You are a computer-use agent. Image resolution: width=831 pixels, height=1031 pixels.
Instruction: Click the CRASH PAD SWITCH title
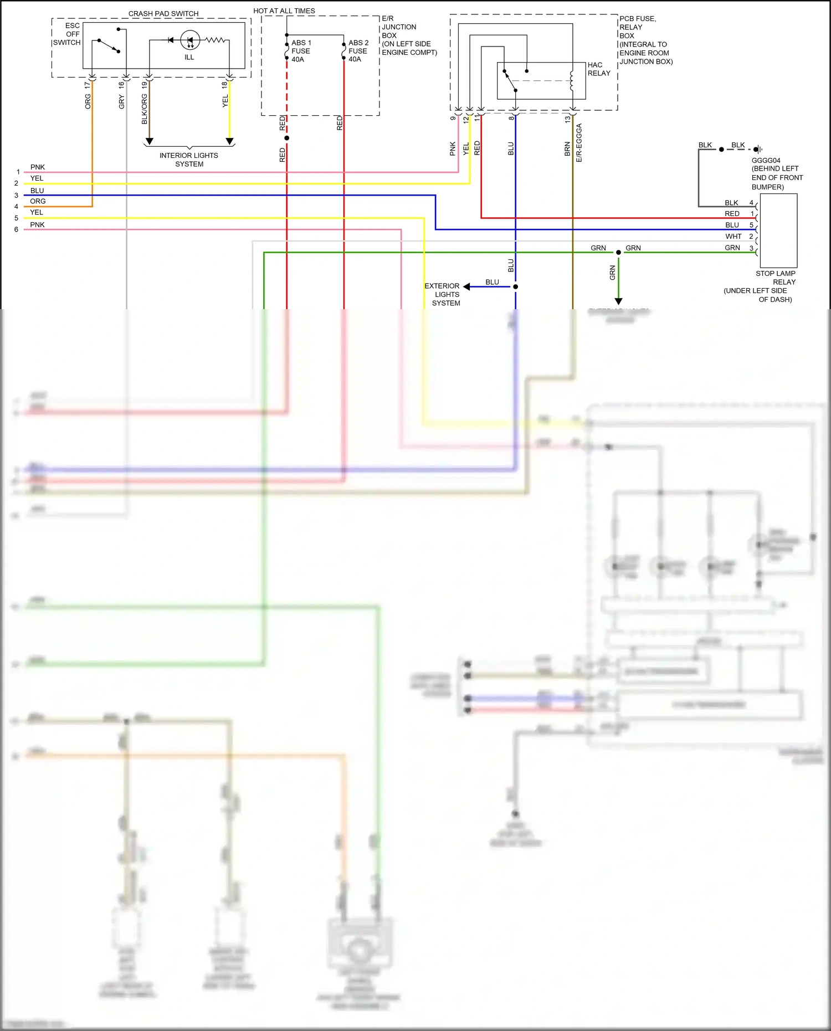163,13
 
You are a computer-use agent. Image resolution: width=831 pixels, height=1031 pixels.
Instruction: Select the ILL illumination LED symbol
190,40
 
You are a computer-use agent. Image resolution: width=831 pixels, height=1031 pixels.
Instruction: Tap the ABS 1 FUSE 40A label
301,51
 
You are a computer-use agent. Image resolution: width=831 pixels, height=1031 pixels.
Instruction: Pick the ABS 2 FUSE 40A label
358,51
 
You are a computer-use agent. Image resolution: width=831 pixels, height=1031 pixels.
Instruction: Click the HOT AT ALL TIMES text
284,11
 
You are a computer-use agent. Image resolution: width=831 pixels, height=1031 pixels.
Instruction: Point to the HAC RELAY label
598,69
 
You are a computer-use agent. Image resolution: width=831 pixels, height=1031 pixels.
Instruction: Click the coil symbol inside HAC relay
572,81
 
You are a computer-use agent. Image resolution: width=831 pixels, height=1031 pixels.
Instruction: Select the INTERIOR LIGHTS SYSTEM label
189,160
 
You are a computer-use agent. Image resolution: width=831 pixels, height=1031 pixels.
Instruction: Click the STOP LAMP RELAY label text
775,278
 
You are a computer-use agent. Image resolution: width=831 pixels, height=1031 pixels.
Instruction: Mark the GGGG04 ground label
766,161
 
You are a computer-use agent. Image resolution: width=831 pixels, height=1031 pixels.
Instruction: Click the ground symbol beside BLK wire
758,149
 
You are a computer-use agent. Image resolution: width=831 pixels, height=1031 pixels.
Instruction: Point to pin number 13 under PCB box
567,119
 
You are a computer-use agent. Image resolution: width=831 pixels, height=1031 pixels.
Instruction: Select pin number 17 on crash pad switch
87,85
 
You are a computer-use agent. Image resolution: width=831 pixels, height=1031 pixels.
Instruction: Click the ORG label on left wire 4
38,201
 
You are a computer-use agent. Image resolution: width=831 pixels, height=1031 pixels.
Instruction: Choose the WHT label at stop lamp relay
733,236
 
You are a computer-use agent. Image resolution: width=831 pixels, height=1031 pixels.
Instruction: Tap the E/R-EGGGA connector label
579,143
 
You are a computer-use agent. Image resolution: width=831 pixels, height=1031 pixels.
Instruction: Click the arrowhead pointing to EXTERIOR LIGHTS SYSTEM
466,286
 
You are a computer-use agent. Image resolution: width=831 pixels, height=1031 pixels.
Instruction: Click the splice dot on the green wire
618,253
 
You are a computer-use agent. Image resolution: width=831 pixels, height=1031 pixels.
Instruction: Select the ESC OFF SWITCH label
68,34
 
